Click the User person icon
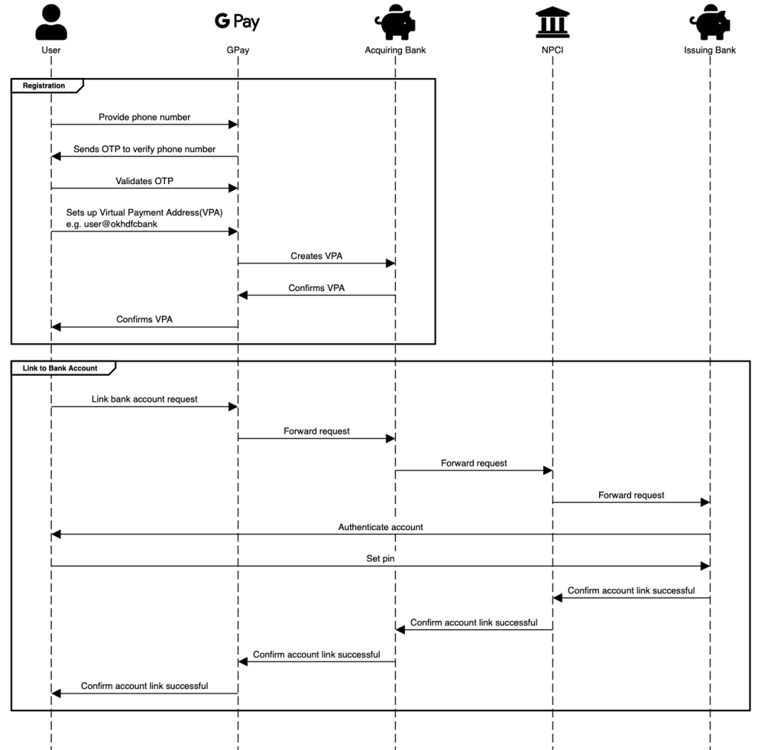(x=51, y=22)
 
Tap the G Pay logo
(x=237, y=22)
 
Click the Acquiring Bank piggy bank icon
(x=395, y=22)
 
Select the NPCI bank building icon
(x=553, y=22)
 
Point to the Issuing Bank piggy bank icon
(x=710, y=22)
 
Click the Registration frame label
(x=44, y=86)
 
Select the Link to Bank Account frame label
(x=60, y=368)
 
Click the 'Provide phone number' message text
(x=144, y=117)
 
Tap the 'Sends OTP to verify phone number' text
(x=144, y=149)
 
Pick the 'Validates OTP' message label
(x=144, y=181)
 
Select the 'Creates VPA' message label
(x=317, y=255)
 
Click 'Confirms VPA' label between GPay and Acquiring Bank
(x=317, y=287)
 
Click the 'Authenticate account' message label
(x=380, y=526)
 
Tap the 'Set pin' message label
(x=380, y=558)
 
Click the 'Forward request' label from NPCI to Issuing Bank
(x=631, y=495)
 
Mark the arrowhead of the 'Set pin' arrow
(x=705, y=567)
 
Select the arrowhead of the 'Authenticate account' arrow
(x=56, y=535)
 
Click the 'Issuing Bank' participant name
(x=710, y=50)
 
